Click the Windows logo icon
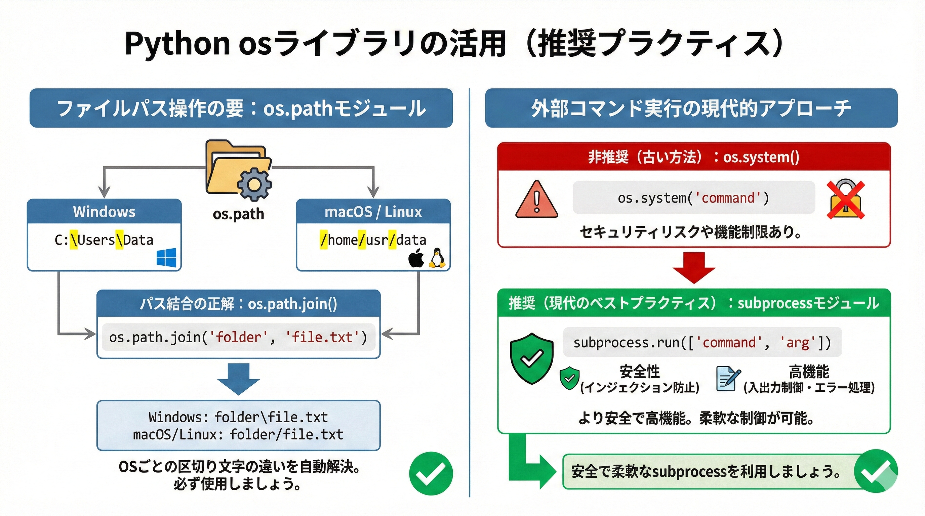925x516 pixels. [x=166, y=257]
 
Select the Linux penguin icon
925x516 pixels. [x=437, y=258]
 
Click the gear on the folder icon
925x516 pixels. [x=254, y=184]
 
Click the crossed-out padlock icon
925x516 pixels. [x=845, y=200]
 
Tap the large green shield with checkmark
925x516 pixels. [x=531, y=358]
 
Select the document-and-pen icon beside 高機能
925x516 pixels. [x=727, y=378]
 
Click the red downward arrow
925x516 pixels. [x=694, y=268]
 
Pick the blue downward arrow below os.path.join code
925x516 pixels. [x=238, y=379]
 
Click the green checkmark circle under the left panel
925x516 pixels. [x=431, y=473]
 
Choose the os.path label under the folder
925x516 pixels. [x=238, y=214]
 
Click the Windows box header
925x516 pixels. [x=104, y=212]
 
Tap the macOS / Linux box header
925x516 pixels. [x=373, y=212]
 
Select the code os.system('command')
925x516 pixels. [x=693, y=198]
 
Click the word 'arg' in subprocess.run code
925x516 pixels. [x=798, y=343]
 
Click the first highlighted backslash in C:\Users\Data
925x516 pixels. [x=74, y=240]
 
